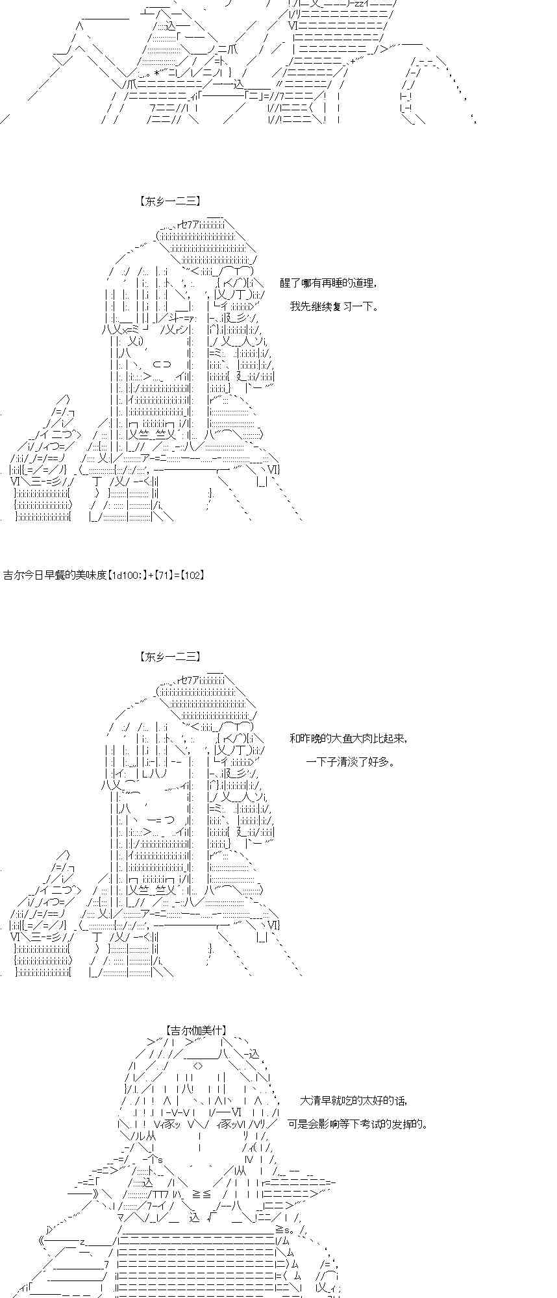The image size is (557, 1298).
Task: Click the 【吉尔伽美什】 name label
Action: (x=195, y=1030)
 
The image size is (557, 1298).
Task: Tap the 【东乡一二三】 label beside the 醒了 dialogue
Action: (x=169, y=202)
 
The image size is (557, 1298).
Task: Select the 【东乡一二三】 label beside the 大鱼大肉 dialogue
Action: (x=169, y=657)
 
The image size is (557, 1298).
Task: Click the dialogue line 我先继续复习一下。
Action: (x=333, y=306)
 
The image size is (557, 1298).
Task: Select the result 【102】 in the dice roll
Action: (x=192, y=575)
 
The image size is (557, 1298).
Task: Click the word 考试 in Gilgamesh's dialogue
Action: (x=372, y=1124)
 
